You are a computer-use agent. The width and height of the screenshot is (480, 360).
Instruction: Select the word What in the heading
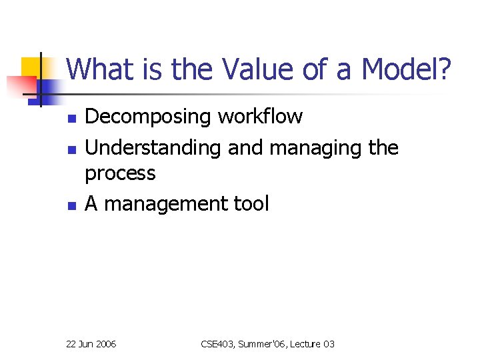tap(97, 69)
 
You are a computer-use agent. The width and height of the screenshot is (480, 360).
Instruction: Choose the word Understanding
tap(153, 147)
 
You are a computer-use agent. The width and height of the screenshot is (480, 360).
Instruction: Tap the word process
tap(120, 174)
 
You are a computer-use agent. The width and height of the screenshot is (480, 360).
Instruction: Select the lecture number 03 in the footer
tap(329, 344)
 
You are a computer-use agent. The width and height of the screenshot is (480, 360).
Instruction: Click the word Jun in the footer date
tap(86, 344)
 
